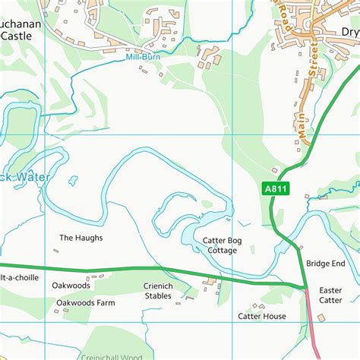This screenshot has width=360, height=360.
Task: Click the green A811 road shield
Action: [x=277, y=190]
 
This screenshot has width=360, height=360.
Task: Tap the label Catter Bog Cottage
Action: [x=219, y=245]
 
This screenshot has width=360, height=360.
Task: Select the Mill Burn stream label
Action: [x=143, y=56]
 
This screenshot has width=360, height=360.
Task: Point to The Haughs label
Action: [x=81, y=238]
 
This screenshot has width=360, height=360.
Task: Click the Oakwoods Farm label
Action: [x=85, y=302]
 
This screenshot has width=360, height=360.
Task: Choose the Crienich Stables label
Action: [x=158, y=291]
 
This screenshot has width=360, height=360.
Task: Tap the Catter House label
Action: [x=261, y=316]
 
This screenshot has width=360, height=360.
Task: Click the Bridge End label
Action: [x=325, y=263]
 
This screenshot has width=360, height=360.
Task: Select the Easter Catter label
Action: [x=330, y=295]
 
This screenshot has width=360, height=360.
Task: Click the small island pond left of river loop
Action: [x=73, y=181]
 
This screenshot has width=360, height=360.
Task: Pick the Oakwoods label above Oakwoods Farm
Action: [x=71, y=286]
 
